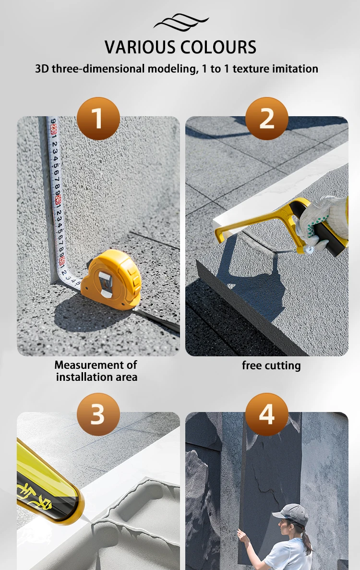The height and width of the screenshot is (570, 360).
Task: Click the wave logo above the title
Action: (181, 22)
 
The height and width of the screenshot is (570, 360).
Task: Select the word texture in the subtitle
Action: (251, 69)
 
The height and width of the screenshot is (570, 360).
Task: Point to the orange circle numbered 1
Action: (98, 119)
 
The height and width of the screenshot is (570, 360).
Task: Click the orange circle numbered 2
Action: (266, 119)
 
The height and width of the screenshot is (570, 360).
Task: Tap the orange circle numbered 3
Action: (98, 414)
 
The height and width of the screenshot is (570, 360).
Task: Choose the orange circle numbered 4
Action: (266, 414)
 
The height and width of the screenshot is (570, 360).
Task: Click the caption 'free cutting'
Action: (271, 365)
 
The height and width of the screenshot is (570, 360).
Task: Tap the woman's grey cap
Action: (290, 511)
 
